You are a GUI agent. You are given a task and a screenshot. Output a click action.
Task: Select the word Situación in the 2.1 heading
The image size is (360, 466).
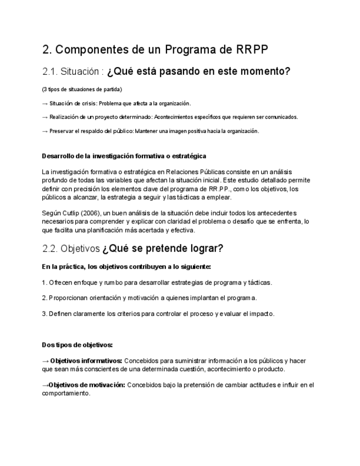click(81, 72)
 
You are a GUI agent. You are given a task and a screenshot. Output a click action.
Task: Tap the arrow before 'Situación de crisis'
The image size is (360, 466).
click(45, 103)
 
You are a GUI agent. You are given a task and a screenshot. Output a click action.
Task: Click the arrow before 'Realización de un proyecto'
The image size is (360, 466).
click(45, 117)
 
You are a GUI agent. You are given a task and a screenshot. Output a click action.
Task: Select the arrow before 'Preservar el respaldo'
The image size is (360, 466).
click(45, 131)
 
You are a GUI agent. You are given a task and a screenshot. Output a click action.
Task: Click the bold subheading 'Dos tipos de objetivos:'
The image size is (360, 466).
click(77, 345)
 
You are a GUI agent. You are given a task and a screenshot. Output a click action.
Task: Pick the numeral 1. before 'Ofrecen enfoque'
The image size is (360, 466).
click(44, 282)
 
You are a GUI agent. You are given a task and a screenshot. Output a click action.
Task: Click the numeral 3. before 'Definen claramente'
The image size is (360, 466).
click(44, 314)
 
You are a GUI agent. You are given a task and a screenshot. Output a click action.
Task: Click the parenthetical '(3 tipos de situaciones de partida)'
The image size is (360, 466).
click(82, 90)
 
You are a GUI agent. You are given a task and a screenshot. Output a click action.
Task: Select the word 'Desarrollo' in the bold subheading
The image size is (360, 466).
click(58, 157)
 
